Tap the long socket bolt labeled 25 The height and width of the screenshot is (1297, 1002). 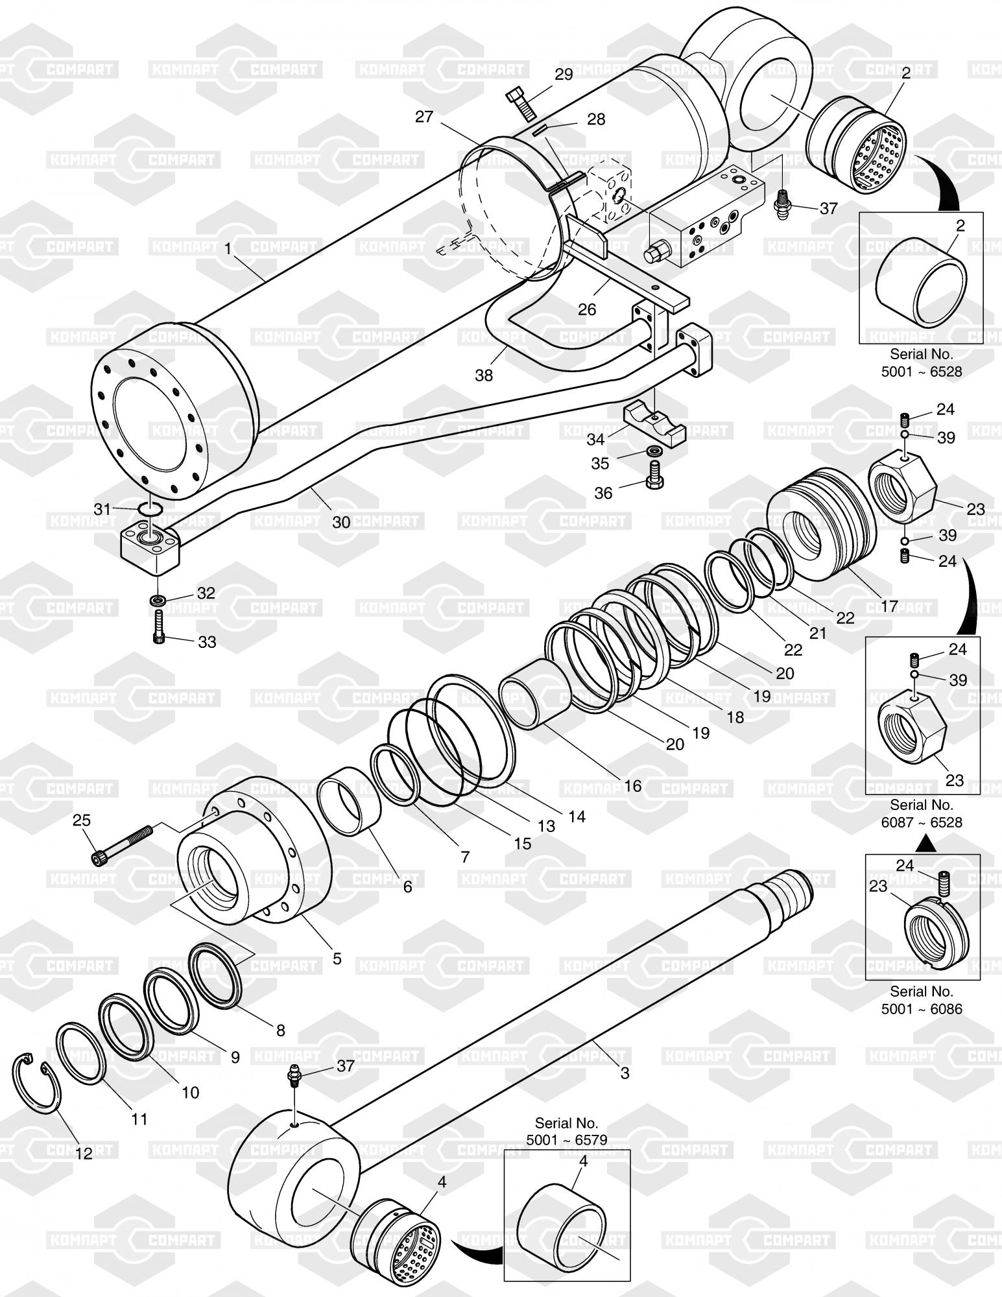[123, 844]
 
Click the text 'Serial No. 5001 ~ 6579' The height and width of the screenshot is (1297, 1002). [566, 1130]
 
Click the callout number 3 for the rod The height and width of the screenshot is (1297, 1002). [625, 1073]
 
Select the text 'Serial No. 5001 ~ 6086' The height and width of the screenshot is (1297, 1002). [921, 1000]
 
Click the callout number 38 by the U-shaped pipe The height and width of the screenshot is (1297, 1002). [484, 375]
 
